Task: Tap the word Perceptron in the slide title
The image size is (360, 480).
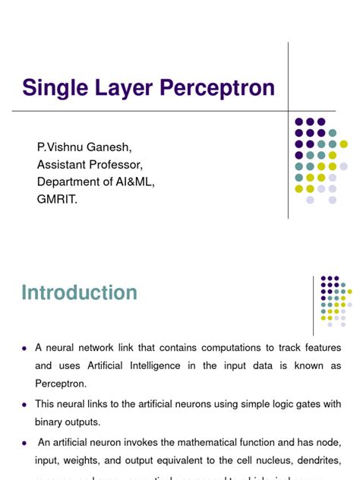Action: click(215, 88)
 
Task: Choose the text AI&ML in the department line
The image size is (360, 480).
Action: click(136, 182)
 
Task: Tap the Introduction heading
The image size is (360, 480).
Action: click(79, 293)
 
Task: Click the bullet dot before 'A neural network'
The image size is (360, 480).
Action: click(25, 348)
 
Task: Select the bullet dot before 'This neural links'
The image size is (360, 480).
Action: click(25, 404)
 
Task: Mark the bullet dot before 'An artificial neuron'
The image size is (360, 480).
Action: click(25, 441)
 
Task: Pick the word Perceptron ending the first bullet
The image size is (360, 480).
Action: click(62, 384)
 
